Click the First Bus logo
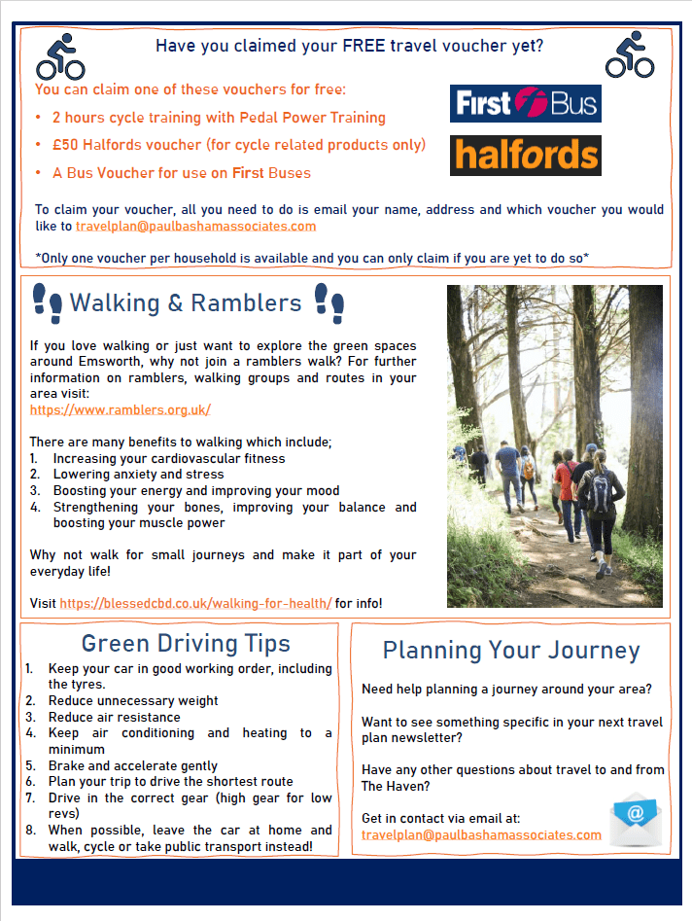pyautogui.click(x=525, y=104)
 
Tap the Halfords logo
pyautogui.click(x=525, y=156)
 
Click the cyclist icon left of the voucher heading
pyautogui.click(x=60, y=55)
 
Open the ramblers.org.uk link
pyautogui.click(x=121, y=410)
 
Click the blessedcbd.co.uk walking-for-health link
pyautogui.click(x=195, y=603)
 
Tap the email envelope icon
pyautogui.click(x=635, y=819)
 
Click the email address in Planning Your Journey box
pyautogui.click(x=481, y=835)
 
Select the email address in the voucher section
pyautogui.click(x=195, y=226)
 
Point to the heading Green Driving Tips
pyautogui.click(x=186, y=643)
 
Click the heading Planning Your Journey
pyautogui.click(x=511, y=650)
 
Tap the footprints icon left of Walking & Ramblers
pyautogui.click(x=47, y=302)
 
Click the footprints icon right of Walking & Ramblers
pyautogui.click(x=329, y=302)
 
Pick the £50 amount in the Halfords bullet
pyautogui.click(x=65, y=145)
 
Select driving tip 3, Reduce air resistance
pyautogui.click(x=114, y=717)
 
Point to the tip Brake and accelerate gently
pyautogui.click(x=132, y=765)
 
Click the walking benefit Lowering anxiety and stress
pyautogui.click(x=138, y=475)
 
